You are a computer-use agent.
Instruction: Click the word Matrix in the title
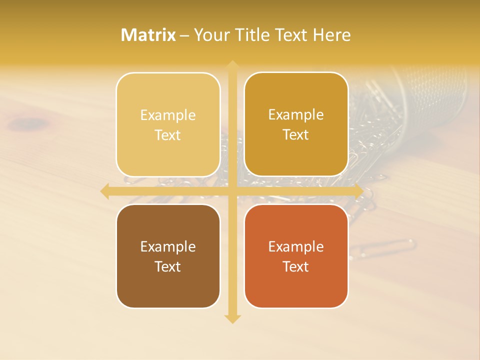(148, 35)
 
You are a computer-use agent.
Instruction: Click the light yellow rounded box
(168, 124)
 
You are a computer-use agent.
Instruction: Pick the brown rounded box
(168, 256)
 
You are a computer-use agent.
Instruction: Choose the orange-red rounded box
(296, 256)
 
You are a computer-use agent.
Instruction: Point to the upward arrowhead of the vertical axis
(232, 64)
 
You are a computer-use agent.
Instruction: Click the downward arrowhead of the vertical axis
(232, 318)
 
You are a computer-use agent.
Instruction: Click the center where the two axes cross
(232, 190)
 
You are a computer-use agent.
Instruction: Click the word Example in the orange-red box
(296, 246)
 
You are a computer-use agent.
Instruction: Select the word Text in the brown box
(168, 266)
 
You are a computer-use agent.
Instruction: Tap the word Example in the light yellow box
(168, 115)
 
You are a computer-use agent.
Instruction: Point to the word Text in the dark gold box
(296, 134)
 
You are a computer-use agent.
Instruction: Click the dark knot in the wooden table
(30, 122)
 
